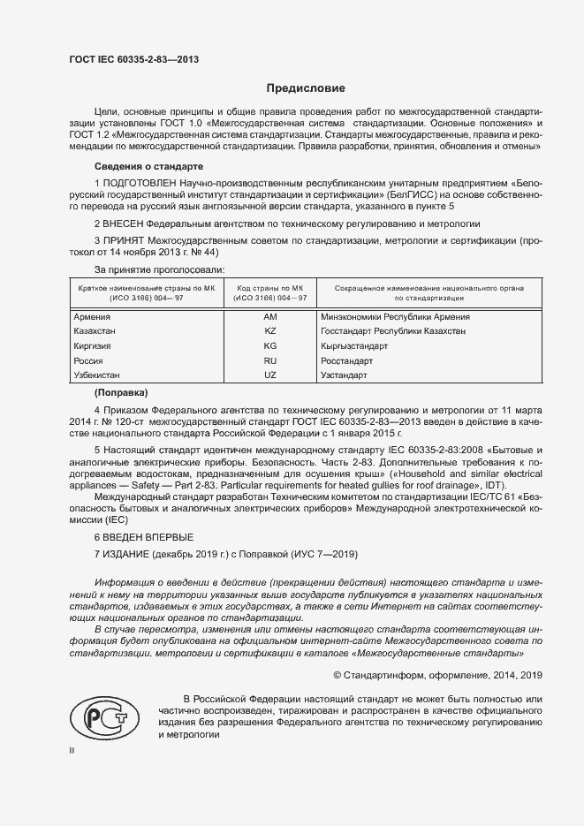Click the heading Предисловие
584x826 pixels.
click(307, 88)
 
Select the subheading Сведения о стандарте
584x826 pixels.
click(148, 166)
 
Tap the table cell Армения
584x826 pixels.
click(92, 316)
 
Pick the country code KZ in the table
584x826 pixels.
click(270, 331)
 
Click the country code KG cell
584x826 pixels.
click(270, 346)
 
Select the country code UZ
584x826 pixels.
click(270, 375)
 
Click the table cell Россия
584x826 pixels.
click(88, 361)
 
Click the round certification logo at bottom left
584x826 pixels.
click(100, 718)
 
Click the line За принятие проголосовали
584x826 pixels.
click(160, 269)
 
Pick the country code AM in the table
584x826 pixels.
click(270, 316)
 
